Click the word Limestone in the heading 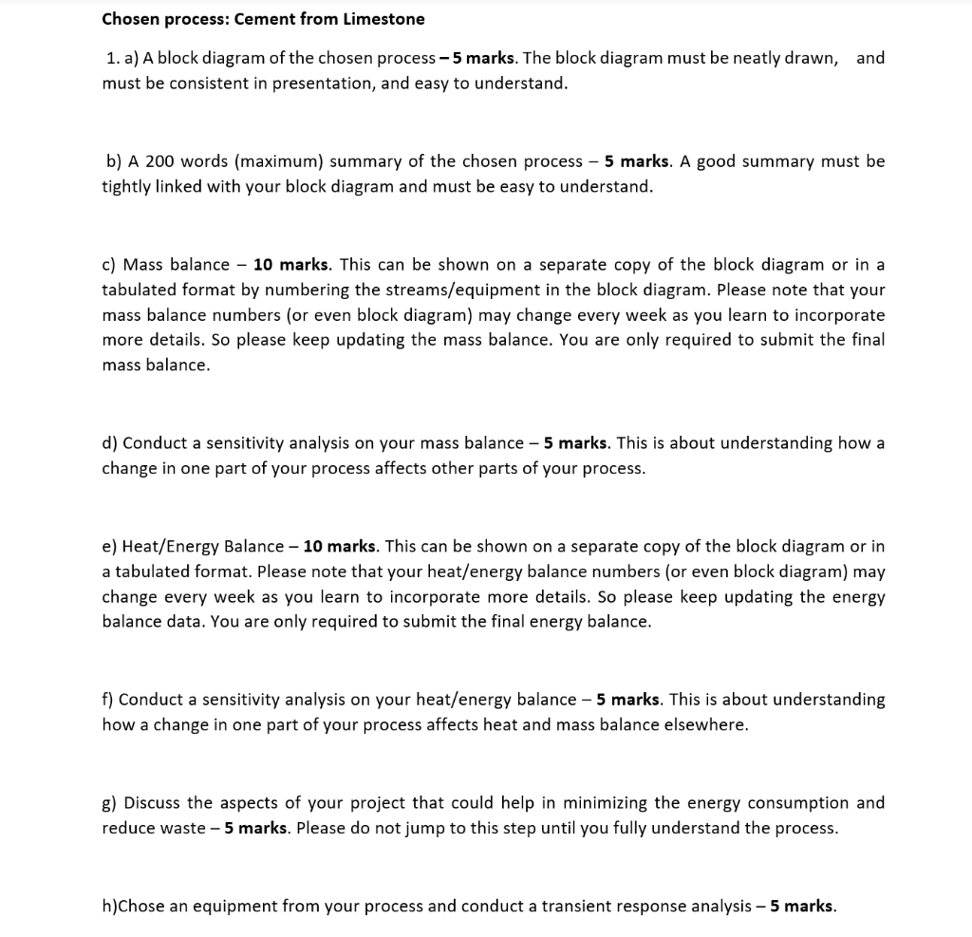[382, 19]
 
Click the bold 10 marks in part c [291, 264]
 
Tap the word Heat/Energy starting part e [167, 547]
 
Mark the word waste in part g [182, 829]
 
